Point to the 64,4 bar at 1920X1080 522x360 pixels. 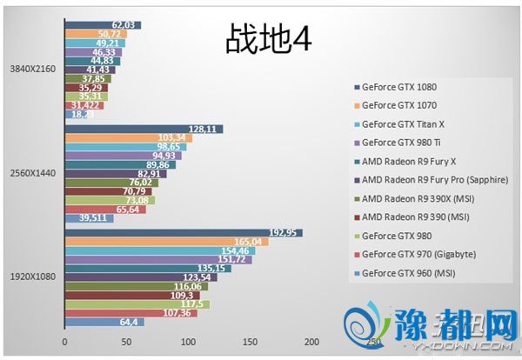click(104, 322)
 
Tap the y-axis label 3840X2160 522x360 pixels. click(32, 69)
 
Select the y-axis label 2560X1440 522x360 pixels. click(32, 173)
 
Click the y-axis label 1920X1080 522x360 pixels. click(32, 277)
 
